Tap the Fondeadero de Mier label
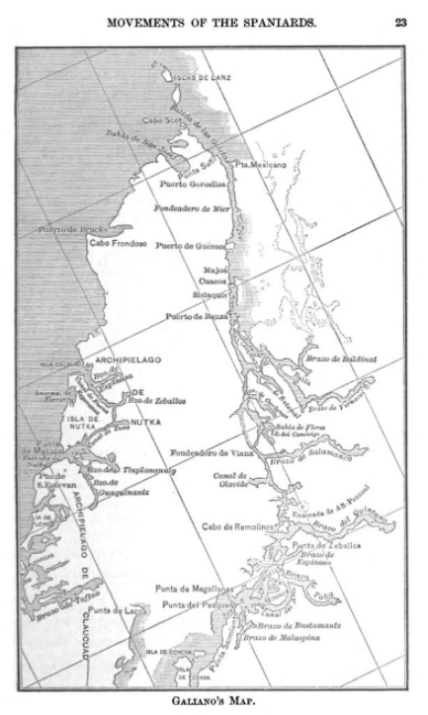[x=192, y=208]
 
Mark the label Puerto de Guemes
[x=192, y=245]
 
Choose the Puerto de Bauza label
[x=196, y=315]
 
